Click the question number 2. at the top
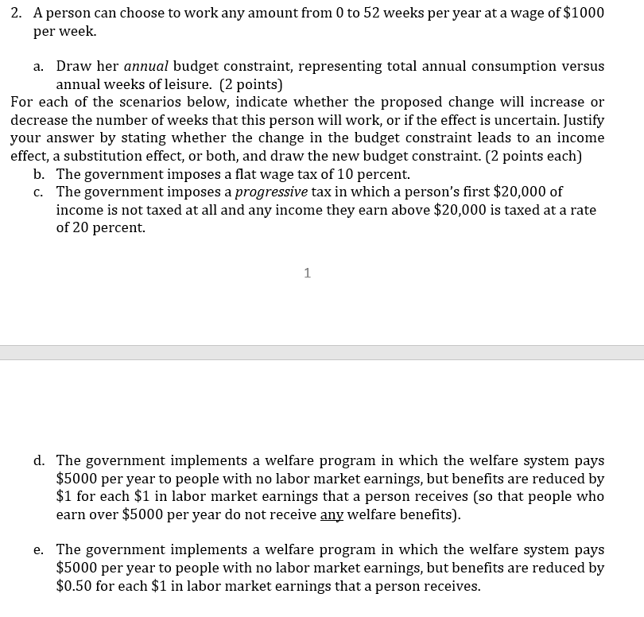[18, 14]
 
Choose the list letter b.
[39, 174]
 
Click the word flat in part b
[248, 174]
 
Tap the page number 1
[308, 274]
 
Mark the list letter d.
[39, 461]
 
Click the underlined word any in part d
[332, 514]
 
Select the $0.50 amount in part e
[75, 586]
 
